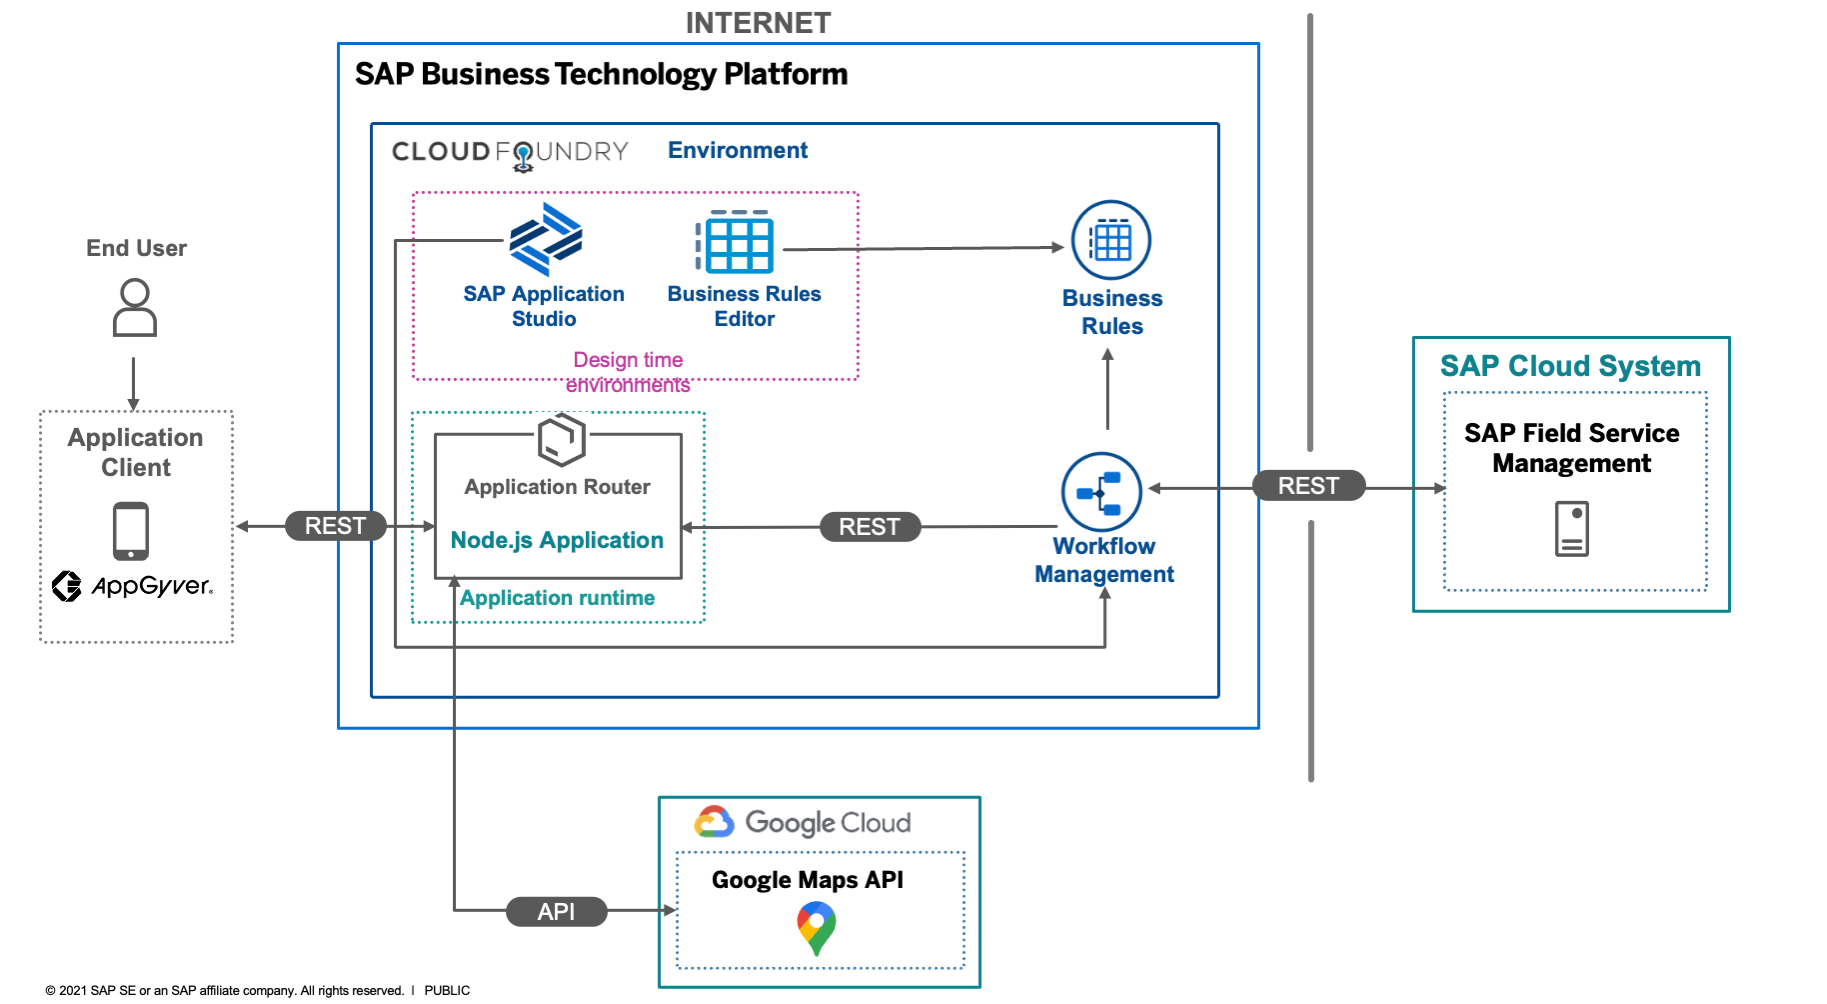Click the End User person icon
(x=135, y=308)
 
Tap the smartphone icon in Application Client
(x=131, y=531)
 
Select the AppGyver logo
(x=132, y=586)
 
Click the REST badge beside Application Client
(x=335, y=526)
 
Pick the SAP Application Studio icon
(x=545, y=240)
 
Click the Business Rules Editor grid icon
(x=736, y=242)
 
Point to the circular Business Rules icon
(x=1111, y=241)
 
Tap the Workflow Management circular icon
(x=1101, y=492)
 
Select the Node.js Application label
(x=557, y=540)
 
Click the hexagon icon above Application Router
(x=561, y=440)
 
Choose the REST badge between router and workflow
(x=869, y=527)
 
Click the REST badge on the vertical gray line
(x=1308, y=486)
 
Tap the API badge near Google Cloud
(x=556, y=912)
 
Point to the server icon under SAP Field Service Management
(x=1571, y=529)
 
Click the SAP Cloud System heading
(x=1570, y=366)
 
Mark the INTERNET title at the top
(x=758, y=23)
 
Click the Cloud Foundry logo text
(x=510, y=152)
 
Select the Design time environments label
(x=628, y=372)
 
